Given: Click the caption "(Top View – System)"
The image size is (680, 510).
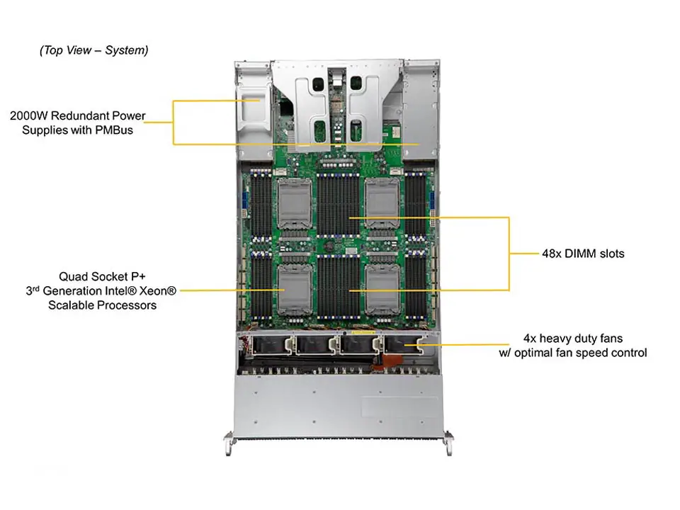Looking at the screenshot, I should pos(94,50).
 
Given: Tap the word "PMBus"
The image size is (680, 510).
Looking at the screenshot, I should pos(114,130).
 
